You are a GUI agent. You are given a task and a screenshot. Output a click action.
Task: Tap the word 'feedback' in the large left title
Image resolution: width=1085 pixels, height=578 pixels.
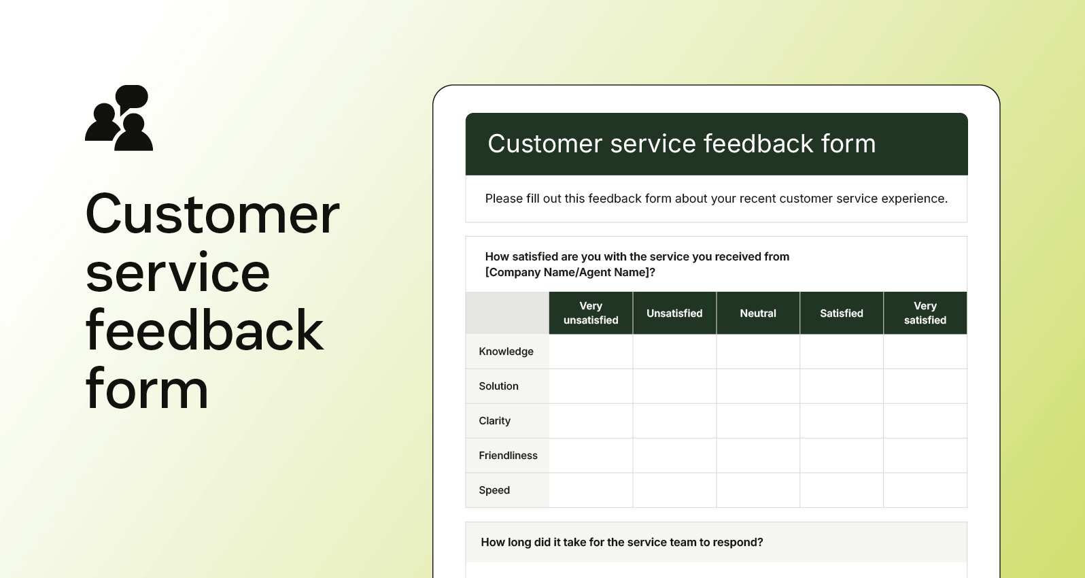click(x=204, y=331)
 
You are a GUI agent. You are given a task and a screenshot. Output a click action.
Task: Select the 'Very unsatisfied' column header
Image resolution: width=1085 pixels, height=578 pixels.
click(x=591, y=313)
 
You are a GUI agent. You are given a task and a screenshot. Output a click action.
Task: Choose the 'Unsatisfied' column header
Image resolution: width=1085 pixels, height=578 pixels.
click(x=674, y=313)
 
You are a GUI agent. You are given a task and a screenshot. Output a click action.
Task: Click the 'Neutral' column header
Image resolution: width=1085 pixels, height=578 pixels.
click(x=758, y=313)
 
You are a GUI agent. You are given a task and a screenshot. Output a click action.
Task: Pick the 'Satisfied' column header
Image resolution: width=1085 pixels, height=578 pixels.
click(x=842, y=313)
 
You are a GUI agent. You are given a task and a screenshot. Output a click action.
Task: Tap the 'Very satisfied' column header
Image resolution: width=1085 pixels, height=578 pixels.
click(x=925, y=313)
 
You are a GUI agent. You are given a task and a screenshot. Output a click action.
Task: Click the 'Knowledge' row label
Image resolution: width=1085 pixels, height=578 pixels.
click(x=506, y=352)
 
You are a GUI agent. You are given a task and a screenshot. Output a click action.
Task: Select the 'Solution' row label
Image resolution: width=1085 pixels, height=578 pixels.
click(x=498, y=386)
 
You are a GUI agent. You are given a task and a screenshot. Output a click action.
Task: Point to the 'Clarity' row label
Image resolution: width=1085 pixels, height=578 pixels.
click(x=494, y=421)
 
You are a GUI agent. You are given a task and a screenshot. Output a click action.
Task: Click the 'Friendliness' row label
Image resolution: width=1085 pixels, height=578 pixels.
click(x=508, y=456)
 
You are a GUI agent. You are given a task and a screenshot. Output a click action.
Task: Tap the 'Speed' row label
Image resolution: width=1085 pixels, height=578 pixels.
click(x=494, y=490)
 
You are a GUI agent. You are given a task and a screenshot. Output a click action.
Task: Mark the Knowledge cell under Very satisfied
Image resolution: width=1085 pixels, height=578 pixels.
click(x=925, y=352)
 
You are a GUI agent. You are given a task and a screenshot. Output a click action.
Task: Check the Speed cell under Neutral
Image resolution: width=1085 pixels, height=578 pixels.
click(x=758, y=490)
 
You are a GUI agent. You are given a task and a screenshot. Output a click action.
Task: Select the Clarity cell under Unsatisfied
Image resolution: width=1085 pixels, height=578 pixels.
click(x=674, y=421)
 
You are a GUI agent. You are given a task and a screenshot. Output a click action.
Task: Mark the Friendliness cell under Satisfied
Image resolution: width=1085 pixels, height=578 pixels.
click(x=842, y=456)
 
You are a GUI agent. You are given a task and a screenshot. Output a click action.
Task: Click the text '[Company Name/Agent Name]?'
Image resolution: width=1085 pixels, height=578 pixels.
click(x=570, y=273)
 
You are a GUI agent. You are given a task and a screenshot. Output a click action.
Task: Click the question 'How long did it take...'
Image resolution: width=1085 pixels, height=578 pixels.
click(x=621, y=542)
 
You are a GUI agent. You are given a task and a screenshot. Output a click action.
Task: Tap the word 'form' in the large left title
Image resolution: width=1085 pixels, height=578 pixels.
click(x=147, y=390)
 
